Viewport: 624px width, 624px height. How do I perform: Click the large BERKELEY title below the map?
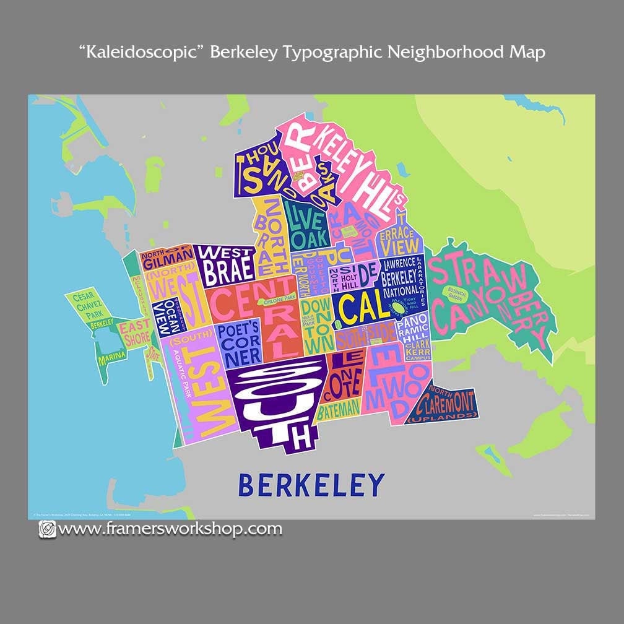311,484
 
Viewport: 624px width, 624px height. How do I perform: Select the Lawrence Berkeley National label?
401,277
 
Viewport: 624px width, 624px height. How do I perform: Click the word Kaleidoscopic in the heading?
141,52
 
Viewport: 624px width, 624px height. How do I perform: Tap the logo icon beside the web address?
47,529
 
